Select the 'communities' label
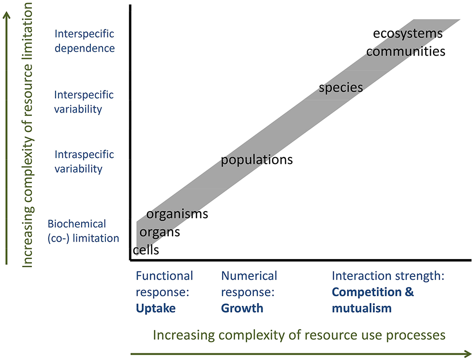[x=405, y=51]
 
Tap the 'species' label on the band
[x=341, y=87]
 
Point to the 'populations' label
[x=257, y=159]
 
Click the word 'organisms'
[x=177, y=214]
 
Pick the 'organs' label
[x=160, y=232]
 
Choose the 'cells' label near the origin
[x=146, y=250]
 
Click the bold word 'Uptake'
[x=156, y=308]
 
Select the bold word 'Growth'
[x=242, y=308]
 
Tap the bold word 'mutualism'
[x=361, y=308]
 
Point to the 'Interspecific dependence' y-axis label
[x=85, y=41]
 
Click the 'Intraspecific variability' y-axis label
[x=85, y=161]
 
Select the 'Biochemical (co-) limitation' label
[x=83, y=230]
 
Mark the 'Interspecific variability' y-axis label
[x=85, y=101]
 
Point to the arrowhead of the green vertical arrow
[x=7, y=14]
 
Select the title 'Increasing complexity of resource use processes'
[x=299, y=335]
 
